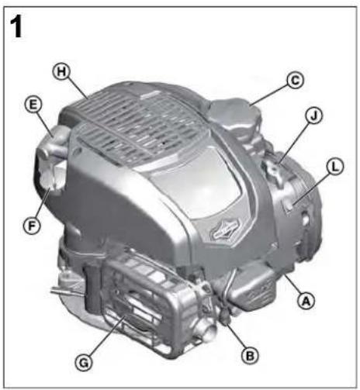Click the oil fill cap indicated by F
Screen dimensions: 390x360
point(54,175)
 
